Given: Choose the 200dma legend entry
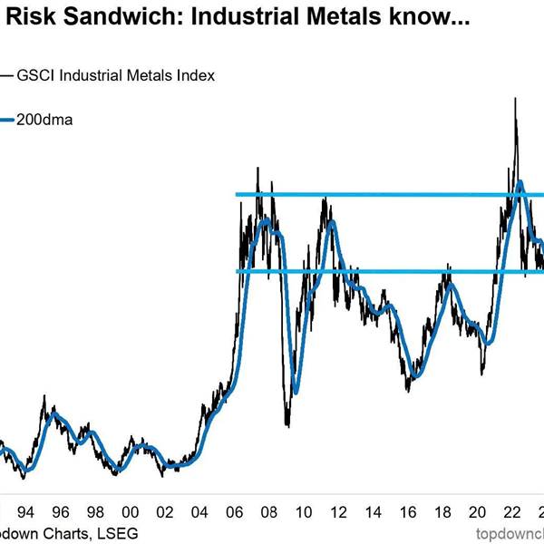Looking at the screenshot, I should point(46,120).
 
